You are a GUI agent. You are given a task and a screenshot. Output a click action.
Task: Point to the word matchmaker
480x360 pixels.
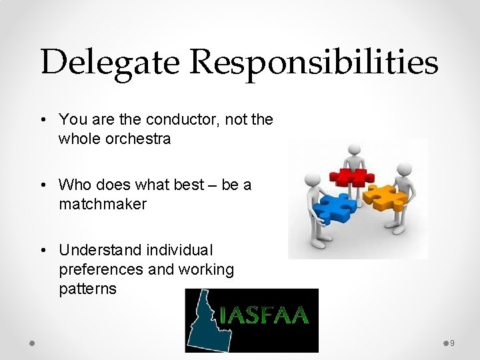tap(102, 204)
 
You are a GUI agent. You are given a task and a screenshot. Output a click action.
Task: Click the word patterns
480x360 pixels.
tap(87, 289)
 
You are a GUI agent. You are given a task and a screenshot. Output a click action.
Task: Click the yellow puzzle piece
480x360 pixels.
tap(385, 198)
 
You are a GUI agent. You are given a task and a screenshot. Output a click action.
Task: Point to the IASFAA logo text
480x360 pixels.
tap(265, 314)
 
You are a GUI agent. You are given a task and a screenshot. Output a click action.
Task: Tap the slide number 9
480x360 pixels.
tap(452, 343)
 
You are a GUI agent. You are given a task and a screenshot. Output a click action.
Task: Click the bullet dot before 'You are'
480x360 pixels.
tap(43, 120)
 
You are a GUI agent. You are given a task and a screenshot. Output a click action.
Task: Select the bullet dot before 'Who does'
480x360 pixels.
tap(43, 185)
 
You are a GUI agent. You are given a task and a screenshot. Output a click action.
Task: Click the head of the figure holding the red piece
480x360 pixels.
tap(354, 149)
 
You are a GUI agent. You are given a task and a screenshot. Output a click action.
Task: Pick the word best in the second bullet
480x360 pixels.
tap(189, 185)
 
